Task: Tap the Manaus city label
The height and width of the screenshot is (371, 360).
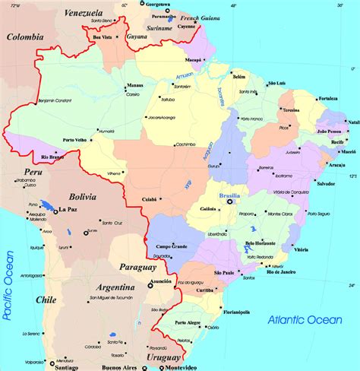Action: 134,86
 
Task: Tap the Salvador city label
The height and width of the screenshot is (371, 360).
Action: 326,184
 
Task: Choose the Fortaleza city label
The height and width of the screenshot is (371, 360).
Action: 328,98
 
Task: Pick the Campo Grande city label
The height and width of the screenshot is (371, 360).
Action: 172,247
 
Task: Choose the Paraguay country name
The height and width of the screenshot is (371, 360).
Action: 137,267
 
